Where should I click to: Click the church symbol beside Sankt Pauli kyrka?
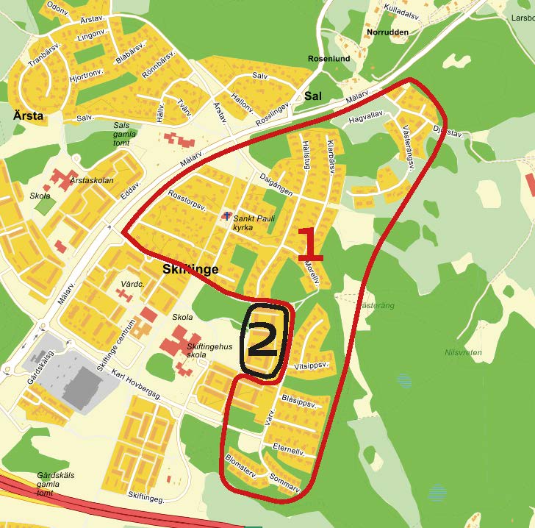click(x=226, y=216)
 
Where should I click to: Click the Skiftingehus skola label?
click(x=210, y=351)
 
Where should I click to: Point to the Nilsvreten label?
click(x=463, y=352)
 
